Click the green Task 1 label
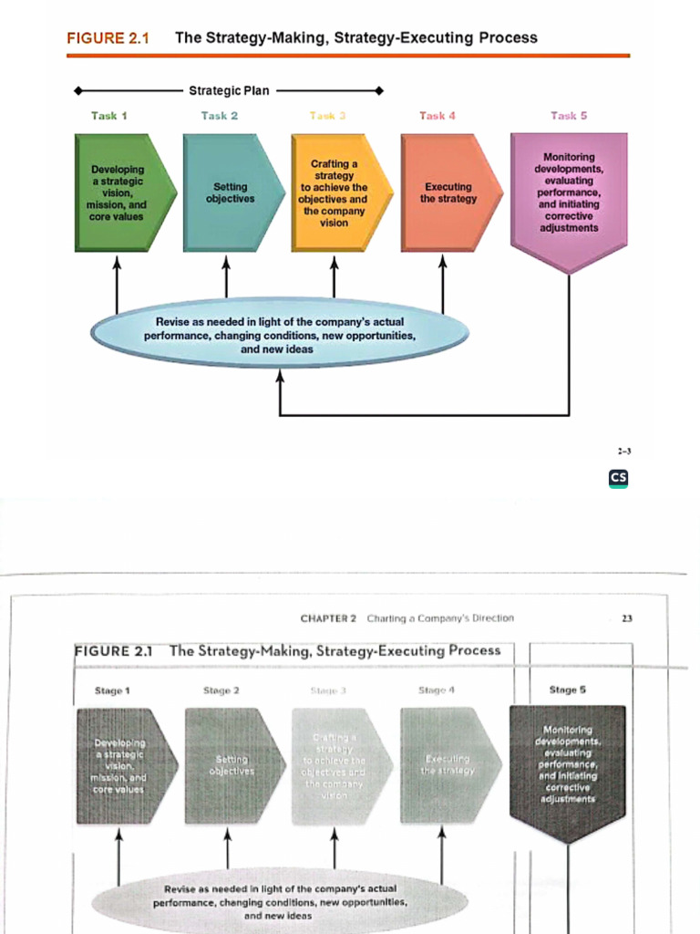pyautogui.click(x=108, y=116)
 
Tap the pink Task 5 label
pyautogui.click(x=569, y=116)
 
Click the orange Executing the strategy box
pyautogui.click(x=447, y=192)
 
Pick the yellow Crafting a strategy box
pyautogui.click(x=335, y=192)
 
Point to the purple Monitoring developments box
pyautogui.click(x=569, y=193)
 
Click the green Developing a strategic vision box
pyautogui.click(x=117, y=192)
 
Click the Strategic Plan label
pyautogui.click(x=229, y=90)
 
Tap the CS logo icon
pyautogui.click(x=619, y=478)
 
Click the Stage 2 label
pyautogui.click(x=221, y=690)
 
